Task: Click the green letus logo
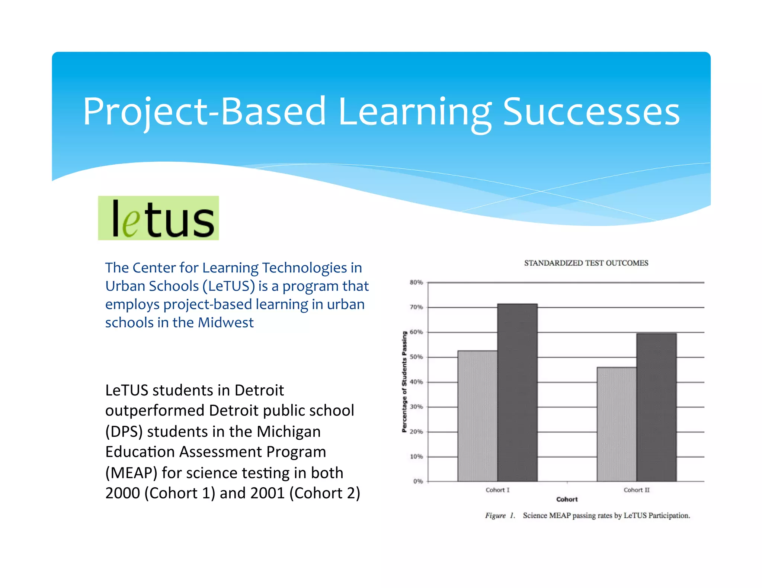[158, 218]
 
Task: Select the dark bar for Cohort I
[517, 392]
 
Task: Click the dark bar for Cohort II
[656, 407]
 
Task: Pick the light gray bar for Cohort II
[617, 424]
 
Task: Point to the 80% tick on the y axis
[416, 282]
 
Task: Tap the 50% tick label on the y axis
[416, 357]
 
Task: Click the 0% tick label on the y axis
[418, 481]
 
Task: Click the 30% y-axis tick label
[416, 407]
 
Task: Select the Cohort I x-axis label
[497, 490]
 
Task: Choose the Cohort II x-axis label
[637, 490]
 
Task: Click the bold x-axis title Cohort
[567, 500]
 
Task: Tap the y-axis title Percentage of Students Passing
[404, 382]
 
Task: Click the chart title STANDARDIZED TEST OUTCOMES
[586, 263]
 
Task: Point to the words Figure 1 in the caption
[500, 516]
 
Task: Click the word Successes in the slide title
[591, 112]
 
